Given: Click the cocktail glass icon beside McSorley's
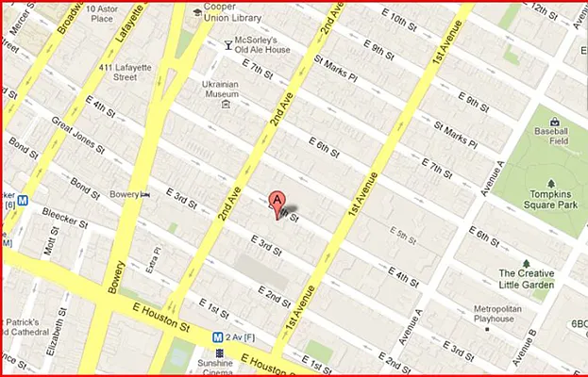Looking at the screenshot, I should coord(227,43).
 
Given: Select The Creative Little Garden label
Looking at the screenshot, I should coord(528,279).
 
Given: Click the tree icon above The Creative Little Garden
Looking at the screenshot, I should coord(526,264).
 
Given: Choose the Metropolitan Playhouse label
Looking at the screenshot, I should coord(504,313).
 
